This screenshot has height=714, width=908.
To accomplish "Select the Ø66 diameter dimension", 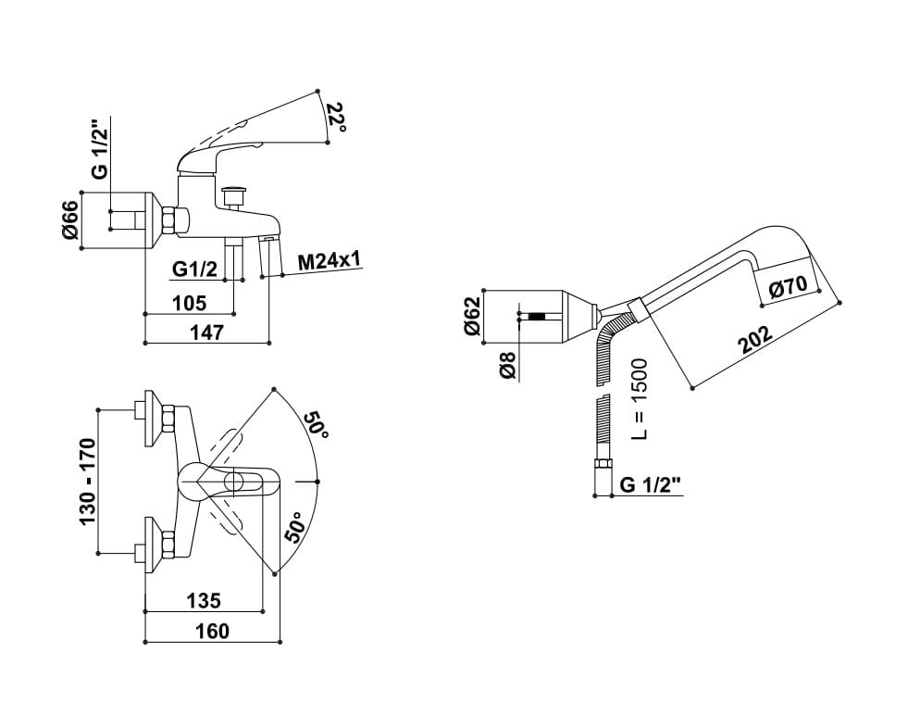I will point(70,220).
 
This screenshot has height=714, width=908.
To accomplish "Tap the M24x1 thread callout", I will point(329,261).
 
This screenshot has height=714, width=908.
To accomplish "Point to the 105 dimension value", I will point(189,302).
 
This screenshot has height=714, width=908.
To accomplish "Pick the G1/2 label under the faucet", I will point(195,269).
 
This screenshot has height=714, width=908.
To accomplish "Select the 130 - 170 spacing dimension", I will point(88,482).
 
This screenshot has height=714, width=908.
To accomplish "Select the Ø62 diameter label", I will point(472,317).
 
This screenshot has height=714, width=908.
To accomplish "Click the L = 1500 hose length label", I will point(639,399).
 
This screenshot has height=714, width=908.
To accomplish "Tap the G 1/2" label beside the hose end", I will point(651,484).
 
